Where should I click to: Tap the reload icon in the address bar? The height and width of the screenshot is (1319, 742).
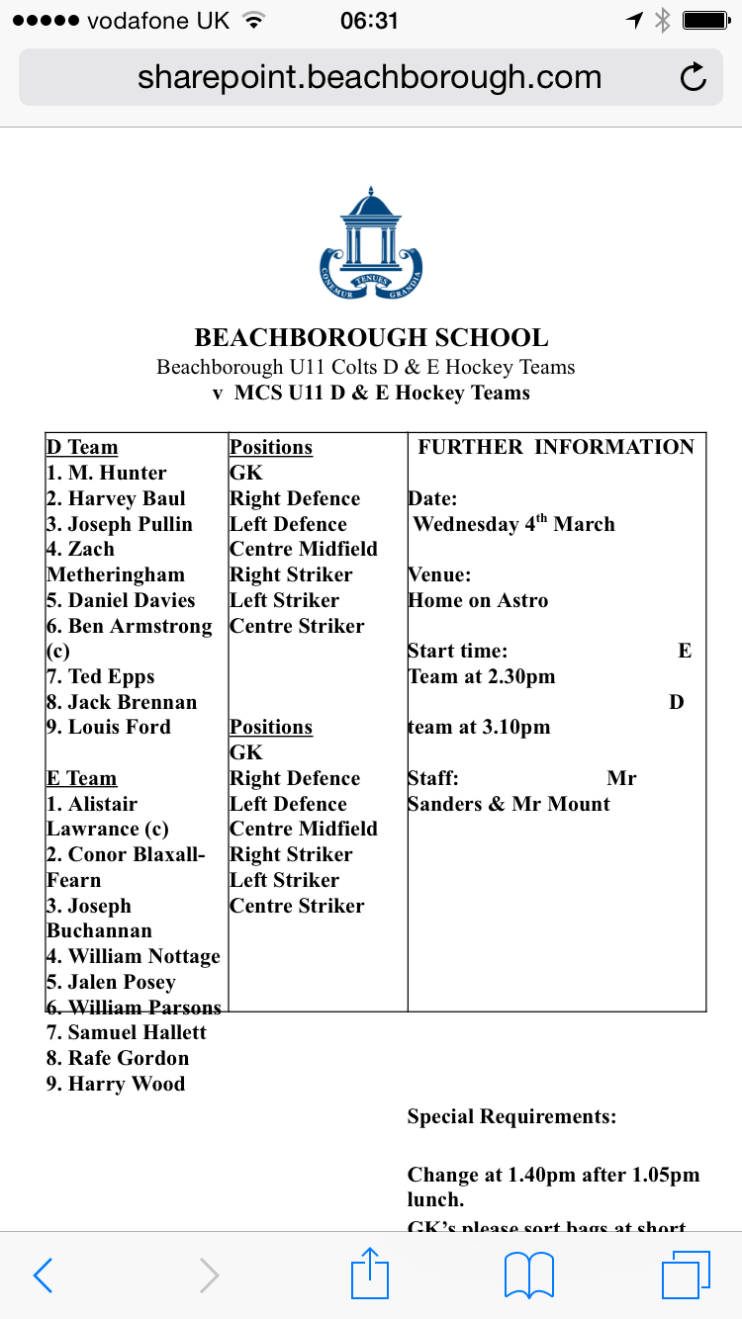[694, 77]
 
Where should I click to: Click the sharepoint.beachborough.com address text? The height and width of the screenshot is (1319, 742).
[369, 77]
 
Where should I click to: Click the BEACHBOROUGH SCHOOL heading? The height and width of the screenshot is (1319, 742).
[371, 338]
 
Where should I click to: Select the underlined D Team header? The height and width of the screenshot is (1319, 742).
[82, 448]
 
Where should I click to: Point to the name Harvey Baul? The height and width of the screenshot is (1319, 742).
[127, 499]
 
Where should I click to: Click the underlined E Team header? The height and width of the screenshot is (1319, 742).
[81, 779]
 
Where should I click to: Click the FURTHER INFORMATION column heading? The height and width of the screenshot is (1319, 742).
[556, 447]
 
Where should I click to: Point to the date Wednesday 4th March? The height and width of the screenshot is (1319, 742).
[513, 524]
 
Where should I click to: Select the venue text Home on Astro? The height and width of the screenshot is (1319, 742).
[478, 600]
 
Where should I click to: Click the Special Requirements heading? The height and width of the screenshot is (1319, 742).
[511, 1117]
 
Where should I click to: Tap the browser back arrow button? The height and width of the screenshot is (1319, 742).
[43, 1275]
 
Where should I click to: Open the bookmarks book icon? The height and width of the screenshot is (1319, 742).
[529, 1275]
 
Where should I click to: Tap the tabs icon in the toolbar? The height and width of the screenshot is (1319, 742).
[686, 1275]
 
